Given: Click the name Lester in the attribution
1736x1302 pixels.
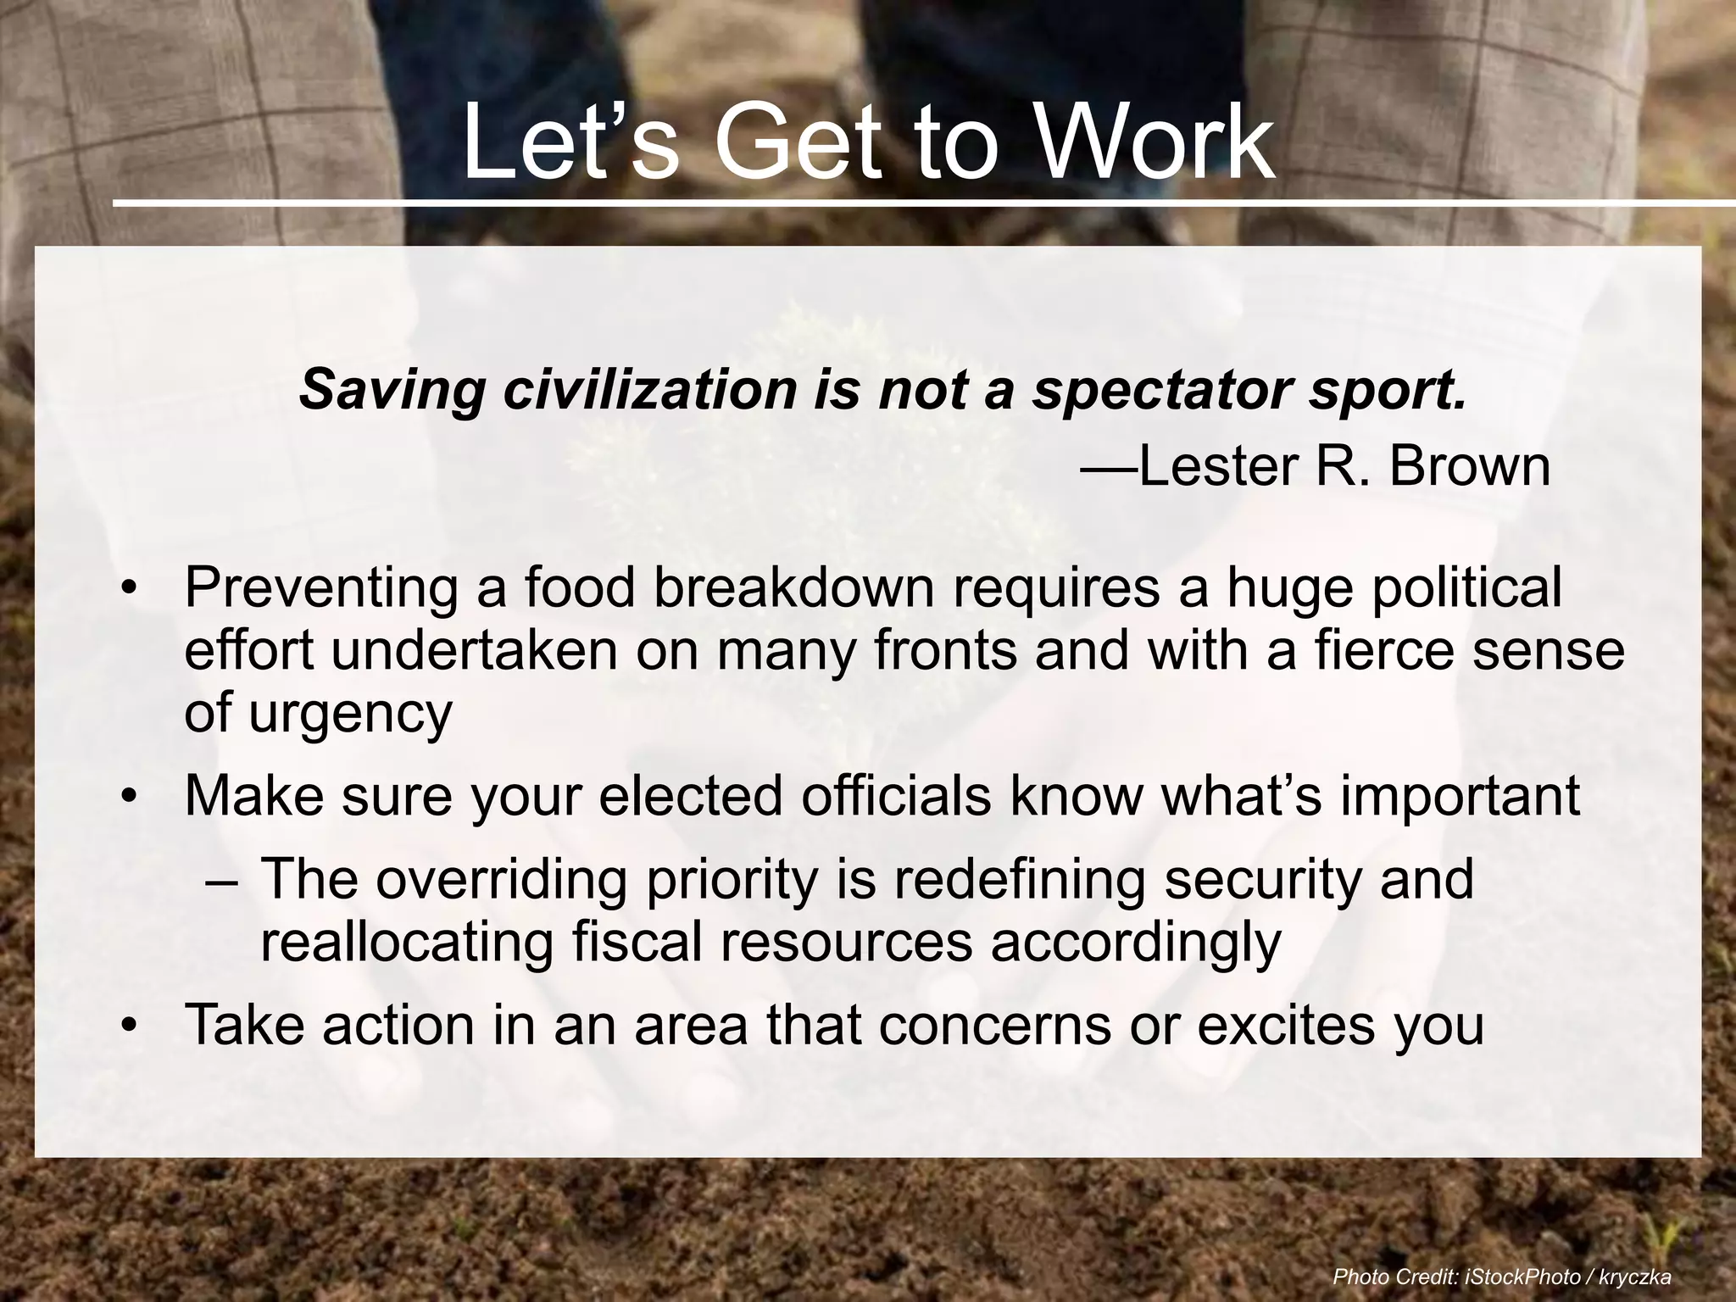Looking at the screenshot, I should (x=1221, y=466).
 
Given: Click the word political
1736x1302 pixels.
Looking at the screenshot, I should (x=1466, y=589).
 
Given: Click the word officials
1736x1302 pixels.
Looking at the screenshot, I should (x=895, y=796).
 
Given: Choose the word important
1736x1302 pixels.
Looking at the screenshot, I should (x=1460, y=798).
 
